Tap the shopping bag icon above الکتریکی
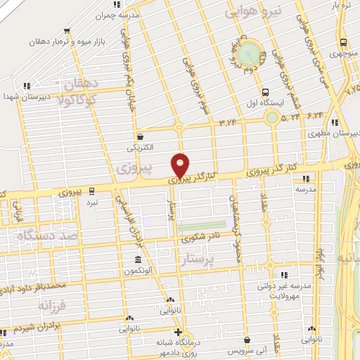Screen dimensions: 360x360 (x=141, y=136)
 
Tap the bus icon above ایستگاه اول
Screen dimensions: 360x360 (x=265, y=91)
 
